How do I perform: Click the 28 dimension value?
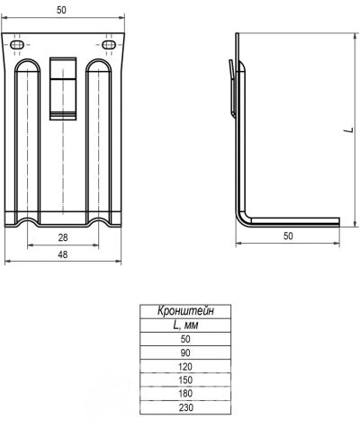63,237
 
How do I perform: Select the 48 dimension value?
63,254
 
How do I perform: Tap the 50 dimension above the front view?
61,10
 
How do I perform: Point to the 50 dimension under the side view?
288,236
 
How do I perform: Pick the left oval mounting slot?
17,45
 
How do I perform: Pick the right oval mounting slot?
109,45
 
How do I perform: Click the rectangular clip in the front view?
63,89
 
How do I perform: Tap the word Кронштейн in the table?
185,311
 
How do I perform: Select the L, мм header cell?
185,325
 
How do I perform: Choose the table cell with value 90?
185,352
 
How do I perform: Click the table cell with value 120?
185,366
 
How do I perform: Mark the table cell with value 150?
185,379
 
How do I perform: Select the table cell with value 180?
185,394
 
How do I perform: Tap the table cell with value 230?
185,407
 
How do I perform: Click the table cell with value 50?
185,339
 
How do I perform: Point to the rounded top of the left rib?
27,60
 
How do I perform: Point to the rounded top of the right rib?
99,60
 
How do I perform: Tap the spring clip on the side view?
232,87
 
